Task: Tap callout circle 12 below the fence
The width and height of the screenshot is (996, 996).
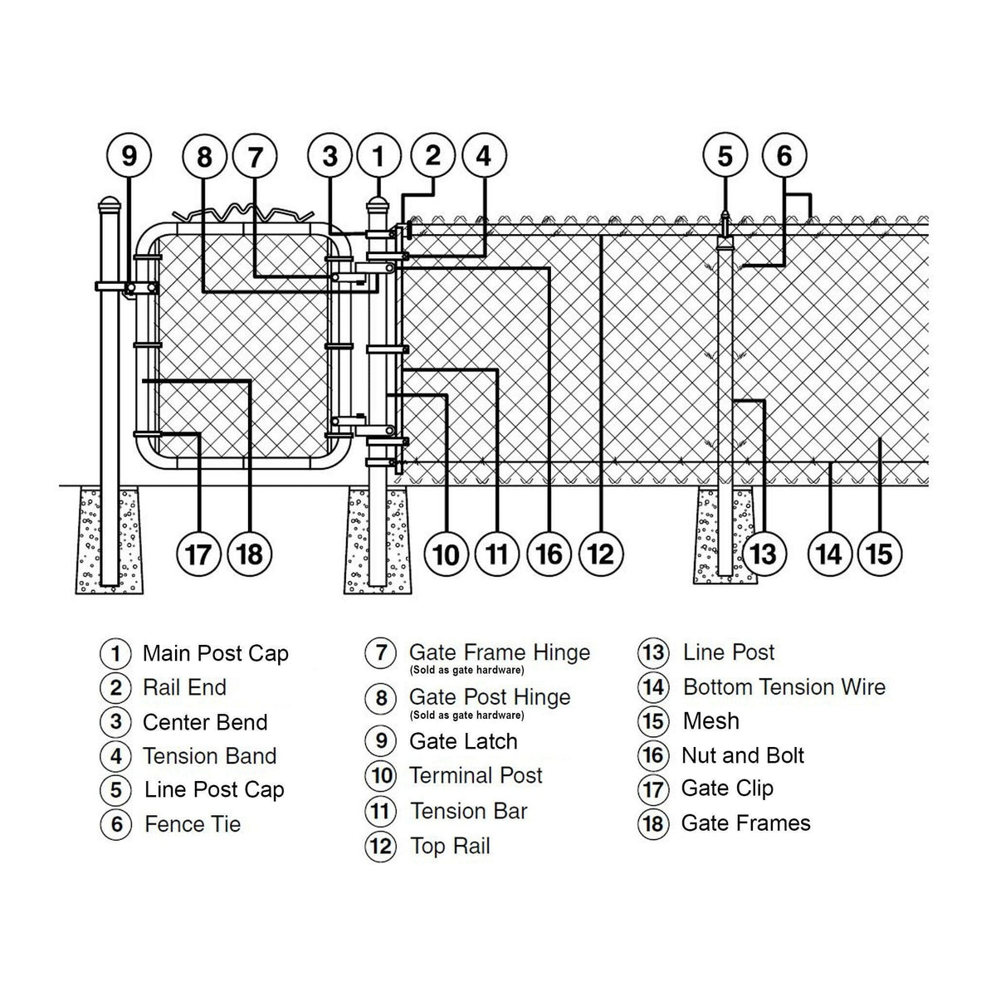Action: coord(600,554)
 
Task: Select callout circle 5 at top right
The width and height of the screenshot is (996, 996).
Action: coord(725,156)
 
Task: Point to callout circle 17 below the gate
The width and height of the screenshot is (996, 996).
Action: coord(198,554)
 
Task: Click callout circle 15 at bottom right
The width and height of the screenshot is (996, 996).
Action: coord(880,554)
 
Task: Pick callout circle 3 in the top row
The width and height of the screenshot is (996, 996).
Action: coord(330,156)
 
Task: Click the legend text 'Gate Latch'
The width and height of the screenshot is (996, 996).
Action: coord(463,741)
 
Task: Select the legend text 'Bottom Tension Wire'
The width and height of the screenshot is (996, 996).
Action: coord(784,687)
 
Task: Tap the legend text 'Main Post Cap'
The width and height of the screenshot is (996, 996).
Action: coord(215,653)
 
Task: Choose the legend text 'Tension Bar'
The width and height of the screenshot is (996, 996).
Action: coord(469,811)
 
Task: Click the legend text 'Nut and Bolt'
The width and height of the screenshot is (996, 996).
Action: coord(742,755)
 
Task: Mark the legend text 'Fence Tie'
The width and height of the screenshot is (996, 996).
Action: coord(193,824)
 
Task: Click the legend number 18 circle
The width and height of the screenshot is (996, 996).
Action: coord(652,823)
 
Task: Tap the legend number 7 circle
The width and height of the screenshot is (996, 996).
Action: coord(380,653)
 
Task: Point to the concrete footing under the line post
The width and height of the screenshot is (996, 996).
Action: coord(725,538)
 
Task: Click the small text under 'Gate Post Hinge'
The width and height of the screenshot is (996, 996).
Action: coord(466,715)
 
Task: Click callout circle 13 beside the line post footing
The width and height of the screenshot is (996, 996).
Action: coord(763,554)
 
